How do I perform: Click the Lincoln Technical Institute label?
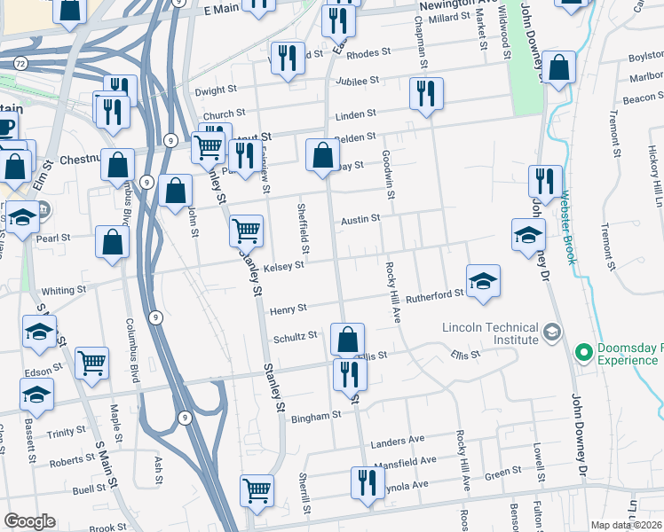click(x=490, y=333)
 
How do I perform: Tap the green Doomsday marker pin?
click(x=583, y=353)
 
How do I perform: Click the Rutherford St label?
click(x=435, y=295)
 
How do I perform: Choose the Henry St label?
click(x=289, y=309)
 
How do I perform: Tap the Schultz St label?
click(x=296, y=337)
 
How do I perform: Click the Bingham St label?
click(x=318, y=415)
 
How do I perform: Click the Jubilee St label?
click(x=357, y=80)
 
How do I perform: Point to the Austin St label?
click(x=361, y=218)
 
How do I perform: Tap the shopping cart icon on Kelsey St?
click(x=247, y=231)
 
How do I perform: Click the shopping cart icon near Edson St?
click(x=92, y=362)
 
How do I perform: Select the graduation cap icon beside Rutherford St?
click(x=483, y=281)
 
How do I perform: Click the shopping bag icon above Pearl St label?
click(x=112, y=243)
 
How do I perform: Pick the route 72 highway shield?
click(x=20, y=63)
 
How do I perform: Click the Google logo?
click(x=29, y=521)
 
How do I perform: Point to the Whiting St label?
click(x=64, y=290)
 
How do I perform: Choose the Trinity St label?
click(x=67, y=433)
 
